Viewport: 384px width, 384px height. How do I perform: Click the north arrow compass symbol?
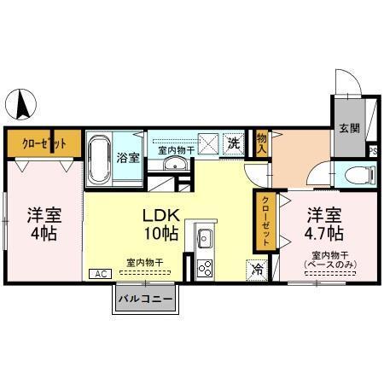tap(21, 104)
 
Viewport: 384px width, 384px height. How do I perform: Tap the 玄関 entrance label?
tap(349, 128)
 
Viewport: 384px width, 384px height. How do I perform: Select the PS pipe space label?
tap(373, 151)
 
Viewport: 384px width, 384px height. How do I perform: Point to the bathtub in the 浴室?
tap(99, 159)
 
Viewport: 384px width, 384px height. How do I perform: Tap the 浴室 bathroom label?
tap(128, 158)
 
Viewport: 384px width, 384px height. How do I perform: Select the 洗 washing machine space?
tap(234, 144)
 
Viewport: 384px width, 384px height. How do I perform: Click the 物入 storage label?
tap(261, 144)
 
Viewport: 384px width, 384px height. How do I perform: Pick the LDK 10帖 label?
tap(161, 224)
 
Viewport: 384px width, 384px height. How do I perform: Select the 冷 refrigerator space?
tap(257, 270)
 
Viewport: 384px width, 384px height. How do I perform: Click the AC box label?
tap(101, 274)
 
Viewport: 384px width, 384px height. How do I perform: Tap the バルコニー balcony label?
tap(146, 299)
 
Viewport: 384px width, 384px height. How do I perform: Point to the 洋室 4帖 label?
tap(44, 224)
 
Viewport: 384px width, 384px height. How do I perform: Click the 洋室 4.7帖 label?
tap(324, 224)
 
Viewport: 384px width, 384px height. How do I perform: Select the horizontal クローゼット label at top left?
tap(44, 143)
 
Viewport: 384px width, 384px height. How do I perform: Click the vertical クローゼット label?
tap(265, 221)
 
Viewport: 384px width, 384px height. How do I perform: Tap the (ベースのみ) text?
tap(330, 265)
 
